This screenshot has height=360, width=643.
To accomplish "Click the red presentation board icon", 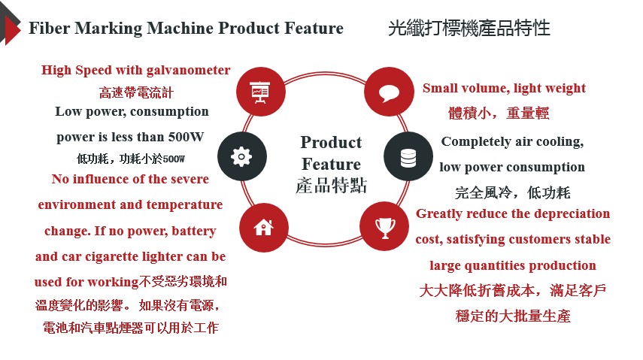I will [260, 91].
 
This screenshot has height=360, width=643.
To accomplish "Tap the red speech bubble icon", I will [388, 92].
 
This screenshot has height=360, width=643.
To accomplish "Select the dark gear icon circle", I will [241, 156].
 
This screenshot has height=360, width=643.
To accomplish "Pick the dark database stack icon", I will [408, 157].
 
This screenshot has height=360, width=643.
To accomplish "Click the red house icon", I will [263, 226].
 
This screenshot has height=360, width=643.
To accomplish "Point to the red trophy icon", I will [384, 225].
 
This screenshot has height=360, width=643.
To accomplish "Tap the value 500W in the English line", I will [191, 138].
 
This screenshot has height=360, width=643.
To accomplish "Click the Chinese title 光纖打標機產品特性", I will [469, 29].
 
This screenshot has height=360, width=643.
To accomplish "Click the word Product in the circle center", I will [331, 143].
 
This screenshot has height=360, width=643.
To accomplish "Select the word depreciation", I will [571, 213].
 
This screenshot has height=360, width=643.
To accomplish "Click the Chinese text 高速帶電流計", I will [136, 93].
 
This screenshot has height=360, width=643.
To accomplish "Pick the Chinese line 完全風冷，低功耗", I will [513, 192].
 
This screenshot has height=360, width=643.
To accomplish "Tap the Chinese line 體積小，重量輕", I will [499, 113].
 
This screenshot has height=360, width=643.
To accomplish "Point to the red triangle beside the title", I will [11, 29].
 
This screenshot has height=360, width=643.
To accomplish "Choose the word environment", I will [77, 204].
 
